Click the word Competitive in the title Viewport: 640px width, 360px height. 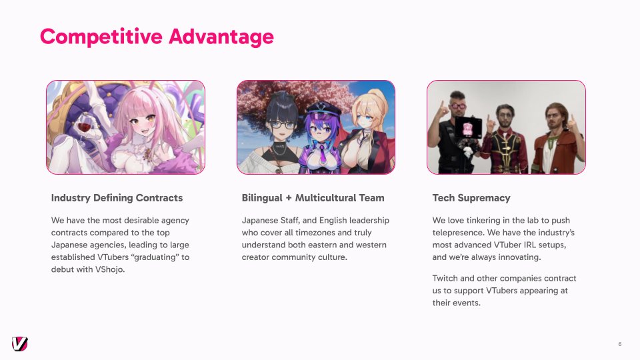coord(101,37)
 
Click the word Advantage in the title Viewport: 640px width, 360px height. coord(221,37)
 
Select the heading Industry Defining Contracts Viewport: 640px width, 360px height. coord(117,198)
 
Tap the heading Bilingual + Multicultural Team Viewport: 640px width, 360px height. coord(313,198)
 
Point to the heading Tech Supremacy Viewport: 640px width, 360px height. coord(471,198)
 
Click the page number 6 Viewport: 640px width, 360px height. coord(619,344)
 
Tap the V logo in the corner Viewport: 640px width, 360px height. coord(19,344)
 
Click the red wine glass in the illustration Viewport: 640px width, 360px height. coord(84,126)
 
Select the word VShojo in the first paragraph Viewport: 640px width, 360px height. coord(109,269)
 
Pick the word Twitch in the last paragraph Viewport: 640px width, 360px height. coord(445,279)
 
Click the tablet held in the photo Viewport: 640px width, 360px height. coord(468,129)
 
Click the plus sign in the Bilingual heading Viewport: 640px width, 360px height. coord(289,199)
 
